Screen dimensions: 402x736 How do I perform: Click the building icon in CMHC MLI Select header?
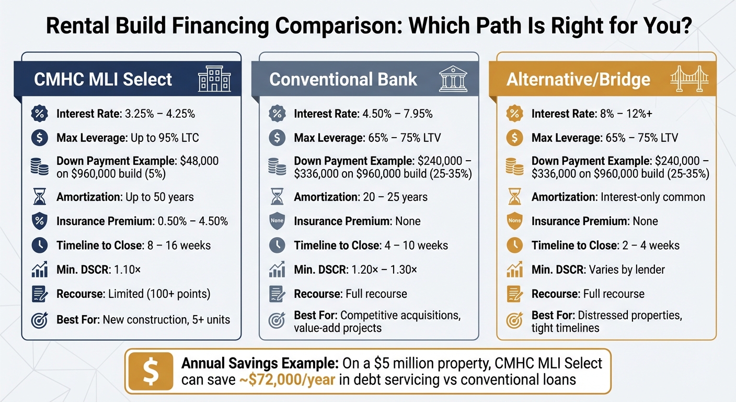[x=214, y=79]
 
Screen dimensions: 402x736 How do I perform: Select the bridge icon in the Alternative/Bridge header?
[x=689, y=79]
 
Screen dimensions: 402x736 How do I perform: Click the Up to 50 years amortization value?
[x=159, y=197]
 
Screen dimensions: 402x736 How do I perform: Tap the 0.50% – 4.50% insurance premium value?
[x=193, y=221]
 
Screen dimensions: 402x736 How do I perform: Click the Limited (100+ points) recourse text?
[x=159, y=294]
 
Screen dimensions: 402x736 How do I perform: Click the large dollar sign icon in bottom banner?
[x=150, y=371]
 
